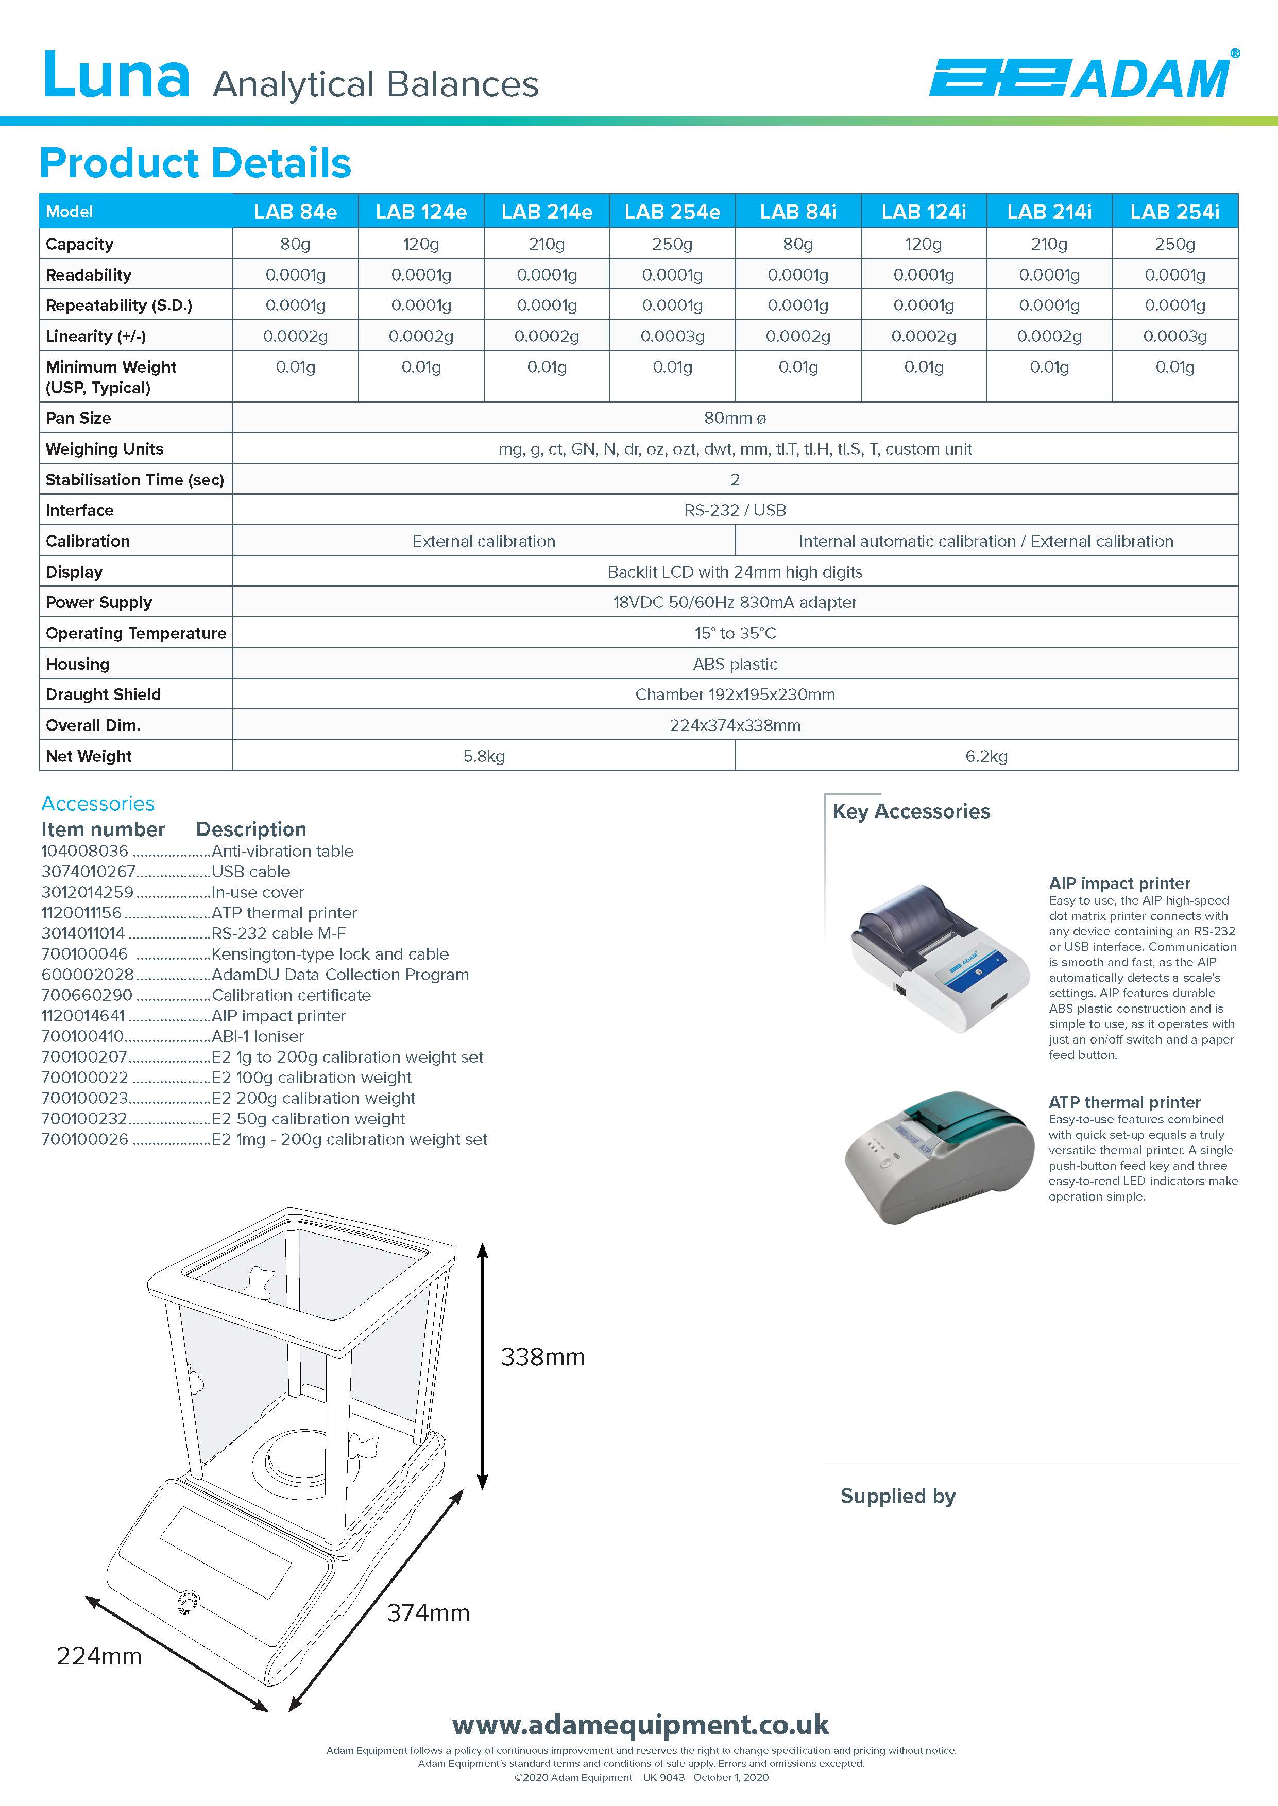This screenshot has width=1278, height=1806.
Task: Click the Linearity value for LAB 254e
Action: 672,336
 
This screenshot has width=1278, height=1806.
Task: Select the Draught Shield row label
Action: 103,694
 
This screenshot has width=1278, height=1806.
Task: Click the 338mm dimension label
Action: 542,1358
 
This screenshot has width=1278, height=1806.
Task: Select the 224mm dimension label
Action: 99,1657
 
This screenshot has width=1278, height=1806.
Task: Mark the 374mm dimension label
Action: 428,1613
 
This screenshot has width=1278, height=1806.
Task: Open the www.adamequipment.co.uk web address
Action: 640,1725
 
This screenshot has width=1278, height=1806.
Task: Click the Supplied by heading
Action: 897,1496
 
